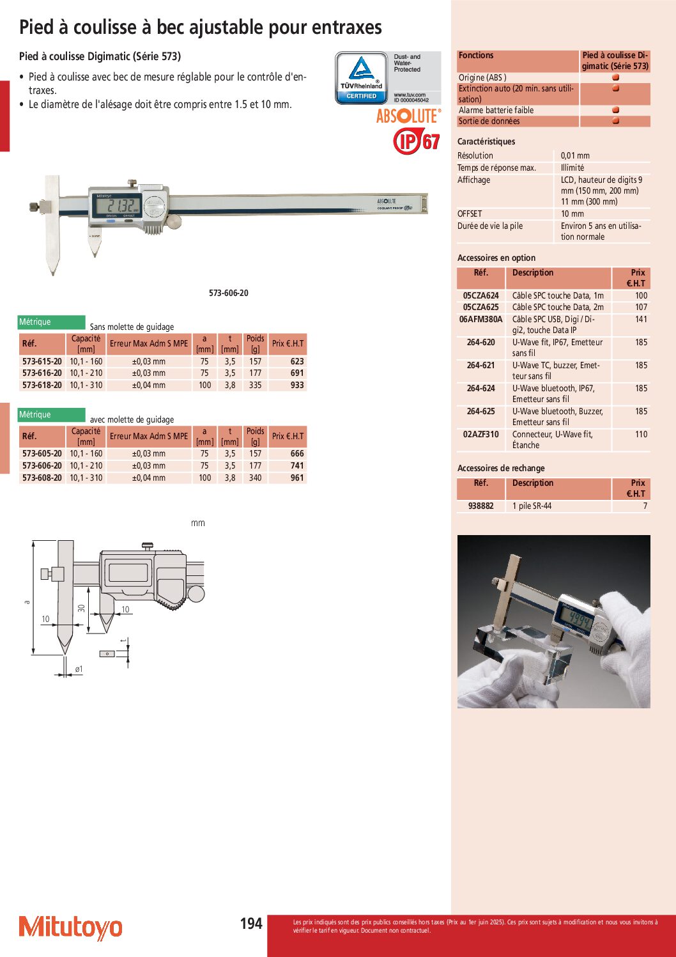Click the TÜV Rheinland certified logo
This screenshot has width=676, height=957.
coord(362,78)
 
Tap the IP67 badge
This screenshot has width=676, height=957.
coord(417,141)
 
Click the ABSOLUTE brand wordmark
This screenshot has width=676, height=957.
coord(408,116)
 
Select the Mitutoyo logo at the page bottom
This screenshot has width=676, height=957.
coord(70,927)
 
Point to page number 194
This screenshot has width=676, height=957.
coord(251,923)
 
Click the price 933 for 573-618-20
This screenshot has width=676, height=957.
coord(297,385)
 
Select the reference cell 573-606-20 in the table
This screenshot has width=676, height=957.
coord(42,465)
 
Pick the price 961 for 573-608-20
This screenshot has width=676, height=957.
coord(297,478)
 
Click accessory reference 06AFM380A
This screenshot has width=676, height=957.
coord(481,319)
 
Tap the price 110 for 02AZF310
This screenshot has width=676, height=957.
coord(641,434)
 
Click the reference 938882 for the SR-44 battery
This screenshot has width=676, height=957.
coord(481,506)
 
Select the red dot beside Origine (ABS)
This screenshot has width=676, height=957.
coord(615,77)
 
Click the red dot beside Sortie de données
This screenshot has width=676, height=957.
coord(615,121)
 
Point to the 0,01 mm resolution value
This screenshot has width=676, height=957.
coord(575,155)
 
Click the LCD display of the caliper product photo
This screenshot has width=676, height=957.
coord(116,205)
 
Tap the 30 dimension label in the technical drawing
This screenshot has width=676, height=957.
coord(82,608)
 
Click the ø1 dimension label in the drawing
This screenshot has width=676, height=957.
coord(79,669)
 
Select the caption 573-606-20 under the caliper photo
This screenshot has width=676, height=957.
coord(229,293)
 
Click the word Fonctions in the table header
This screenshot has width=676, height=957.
coord(476,56)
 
